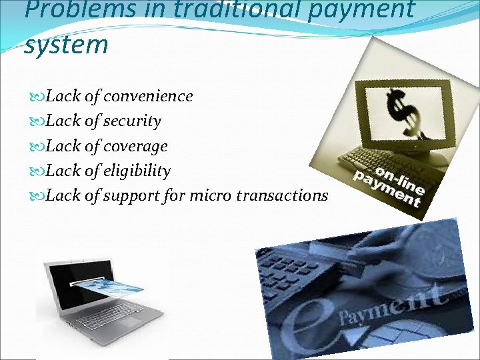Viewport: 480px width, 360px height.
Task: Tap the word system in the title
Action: (65, 45)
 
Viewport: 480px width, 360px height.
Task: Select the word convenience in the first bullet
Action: (149, 96)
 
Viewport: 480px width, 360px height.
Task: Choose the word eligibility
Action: (137, 171)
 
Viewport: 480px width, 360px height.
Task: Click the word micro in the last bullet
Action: (211, 195)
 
